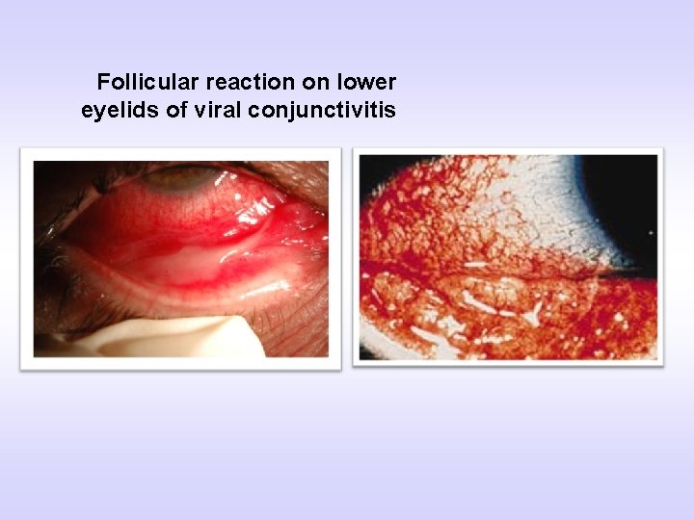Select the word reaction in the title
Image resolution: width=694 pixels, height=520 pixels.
(232, 81)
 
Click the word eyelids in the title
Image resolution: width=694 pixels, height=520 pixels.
(120, 110)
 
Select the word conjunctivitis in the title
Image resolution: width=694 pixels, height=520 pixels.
(321, 110)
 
